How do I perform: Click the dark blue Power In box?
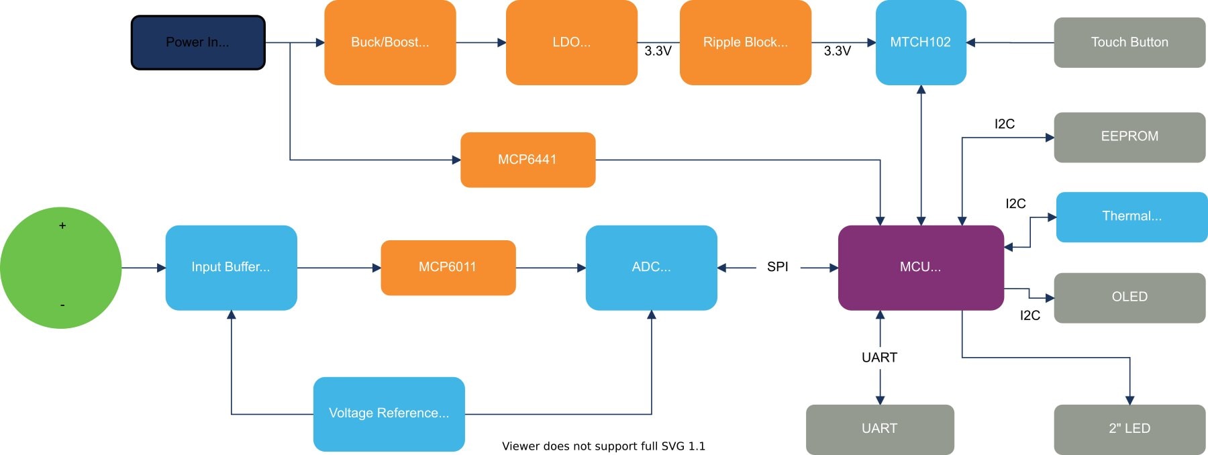tap(198, 42)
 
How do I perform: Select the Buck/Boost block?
tap(390, 42)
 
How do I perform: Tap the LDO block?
tap(571, 42)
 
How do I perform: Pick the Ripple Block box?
tap(745, 42)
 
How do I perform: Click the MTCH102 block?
tap(920, 42)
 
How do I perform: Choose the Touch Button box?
tap(1129, 42)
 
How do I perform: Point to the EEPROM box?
tap(1129, 137)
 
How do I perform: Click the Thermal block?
tap(1131, 217)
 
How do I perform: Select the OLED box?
tap(1129, 297)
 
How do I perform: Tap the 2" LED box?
tap(1129, 429)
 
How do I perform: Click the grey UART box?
tap(879, 429)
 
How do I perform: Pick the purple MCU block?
tap(920, 267)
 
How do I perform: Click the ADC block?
tap(651, 267)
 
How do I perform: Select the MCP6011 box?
tap(448, 267)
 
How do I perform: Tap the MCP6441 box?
tap(527, 160)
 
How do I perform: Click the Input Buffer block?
tap(231, 267)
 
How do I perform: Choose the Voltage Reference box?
tap(389, 413)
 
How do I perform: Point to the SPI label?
tap(777, 267)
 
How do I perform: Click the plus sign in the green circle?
tap(62, 226)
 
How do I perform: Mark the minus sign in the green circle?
tap(62, 305)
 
